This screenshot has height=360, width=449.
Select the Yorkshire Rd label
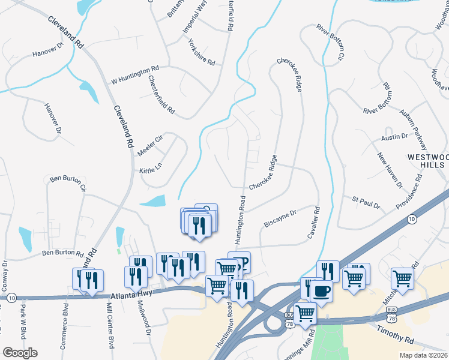tap(200, 52)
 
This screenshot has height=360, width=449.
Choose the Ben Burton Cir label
tap(68, 183)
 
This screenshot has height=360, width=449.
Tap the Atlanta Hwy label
tap(133, 294)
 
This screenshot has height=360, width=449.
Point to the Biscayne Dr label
tap(280, 219)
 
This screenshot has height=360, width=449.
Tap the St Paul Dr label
tap(366, 202)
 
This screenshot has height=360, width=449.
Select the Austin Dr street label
tap(394, 139)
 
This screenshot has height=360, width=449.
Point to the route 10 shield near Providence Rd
tap(411, 220)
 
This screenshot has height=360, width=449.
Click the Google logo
tap(20, 352)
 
